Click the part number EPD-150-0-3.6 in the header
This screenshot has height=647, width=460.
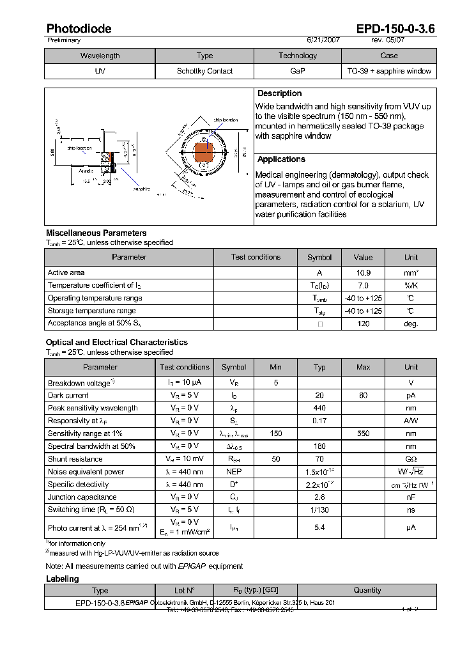395,29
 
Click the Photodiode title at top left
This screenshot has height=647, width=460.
79,29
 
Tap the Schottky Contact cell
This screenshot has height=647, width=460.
204,71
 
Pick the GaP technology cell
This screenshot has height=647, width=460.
298,71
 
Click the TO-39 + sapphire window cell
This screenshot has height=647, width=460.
388,71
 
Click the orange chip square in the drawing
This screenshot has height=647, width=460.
204,153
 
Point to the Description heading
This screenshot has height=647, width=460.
280,93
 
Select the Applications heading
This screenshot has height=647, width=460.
281,159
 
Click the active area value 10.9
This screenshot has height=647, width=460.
363,272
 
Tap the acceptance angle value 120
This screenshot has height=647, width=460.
363,323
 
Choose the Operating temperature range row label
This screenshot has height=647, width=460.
95,298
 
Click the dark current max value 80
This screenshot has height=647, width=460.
363,395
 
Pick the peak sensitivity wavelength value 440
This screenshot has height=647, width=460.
319,408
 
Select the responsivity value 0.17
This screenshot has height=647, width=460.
319,421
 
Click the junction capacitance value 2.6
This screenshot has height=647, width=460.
319,497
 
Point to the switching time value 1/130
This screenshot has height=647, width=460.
319,510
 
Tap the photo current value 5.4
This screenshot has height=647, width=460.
319,527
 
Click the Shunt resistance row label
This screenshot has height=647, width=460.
75,459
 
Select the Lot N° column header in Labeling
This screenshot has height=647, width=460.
184,590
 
